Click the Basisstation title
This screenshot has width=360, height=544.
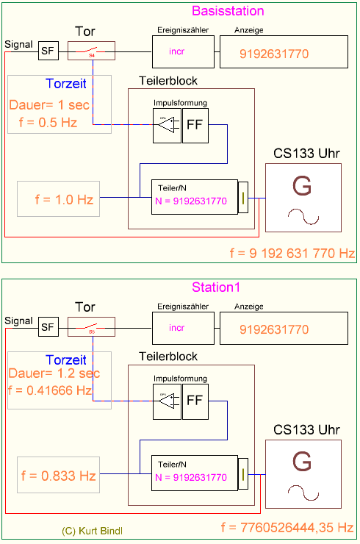coord(228,11)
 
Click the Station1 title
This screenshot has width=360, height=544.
coord(217,287)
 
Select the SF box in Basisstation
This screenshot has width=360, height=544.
coord(48,51)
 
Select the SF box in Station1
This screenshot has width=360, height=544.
coord(48,326)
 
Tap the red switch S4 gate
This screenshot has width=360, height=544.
coord(92,51)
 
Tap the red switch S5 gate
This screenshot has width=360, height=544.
coord(92,327)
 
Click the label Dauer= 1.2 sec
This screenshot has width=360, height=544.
coord(53,373)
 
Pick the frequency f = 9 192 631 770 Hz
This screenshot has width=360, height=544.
coord(292,254)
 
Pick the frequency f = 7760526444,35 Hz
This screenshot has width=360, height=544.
coord(287,528)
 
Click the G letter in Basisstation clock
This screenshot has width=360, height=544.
coord(302,185)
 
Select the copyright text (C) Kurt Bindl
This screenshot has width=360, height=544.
coord(93,529)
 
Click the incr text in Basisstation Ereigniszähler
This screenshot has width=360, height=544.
coord(177,51)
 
